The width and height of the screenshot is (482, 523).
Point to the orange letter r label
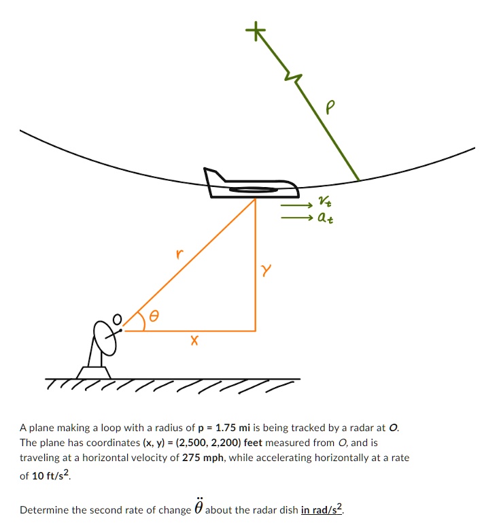coord(179,254)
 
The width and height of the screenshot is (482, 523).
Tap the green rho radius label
coord(331,107)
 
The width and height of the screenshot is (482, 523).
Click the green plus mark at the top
coord(256,31)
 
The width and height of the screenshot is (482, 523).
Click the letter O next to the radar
coord(117,318)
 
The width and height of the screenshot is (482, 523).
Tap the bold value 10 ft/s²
coord(52,475)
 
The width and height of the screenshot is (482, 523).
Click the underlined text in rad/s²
coord(322,509)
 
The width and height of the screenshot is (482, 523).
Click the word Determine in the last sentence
coord(43,509)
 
